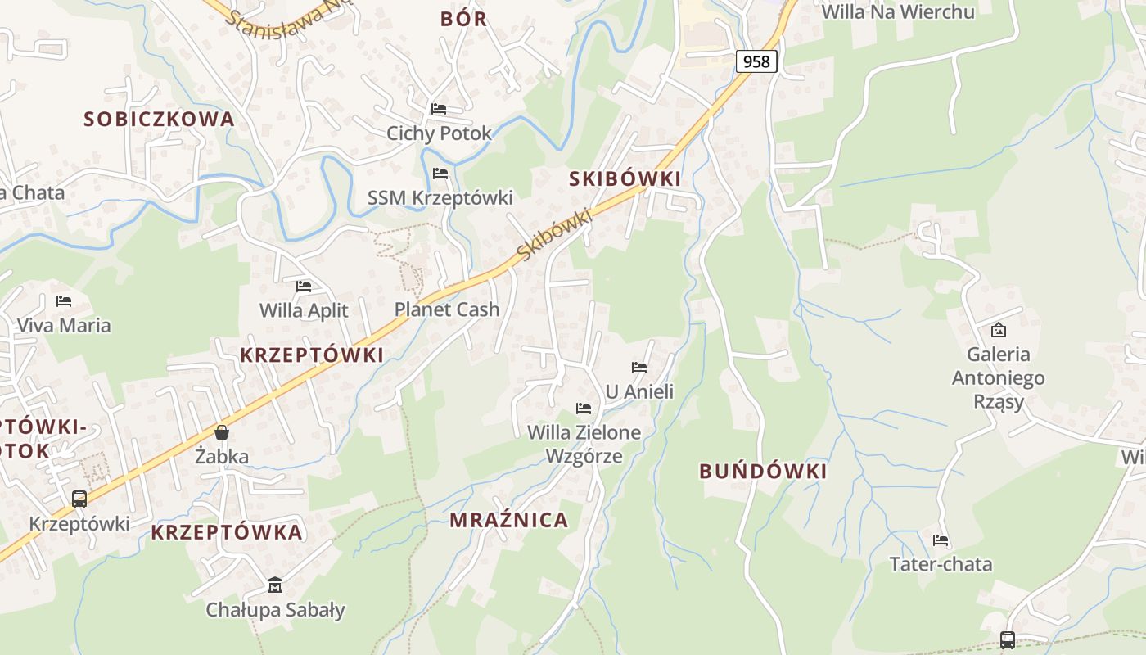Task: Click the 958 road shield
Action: click(756, 61)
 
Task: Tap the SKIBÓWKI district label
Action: click(625, 179)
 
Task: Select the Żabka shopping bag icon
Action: click(222, 432)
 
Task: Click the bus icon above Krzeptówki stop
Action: click(79, 499)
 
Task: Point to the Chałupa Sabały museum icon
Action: click(275, 585)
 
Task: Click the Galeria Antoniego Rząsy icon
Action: click(998, 331)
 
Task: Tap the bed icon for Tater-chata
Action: click(941, 540)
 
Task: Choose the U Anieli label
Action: click(639, 391)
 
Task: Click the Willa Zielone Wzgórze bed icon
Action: click(584, 408)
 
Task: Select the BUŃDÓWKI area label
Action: click(763, 472)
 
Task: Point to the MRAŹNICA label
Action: click(508, 520)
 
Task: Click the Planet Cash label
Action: click(447, 309)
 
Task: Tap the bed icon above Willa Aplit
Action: click(304, 287)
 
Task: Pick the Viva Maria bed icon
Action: click(64, 301)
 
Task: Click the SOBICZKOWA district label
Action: click(159, 119)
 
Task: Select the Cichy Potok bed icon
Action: click(439, 108)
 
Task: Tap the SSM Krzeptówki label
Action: click(440, 197)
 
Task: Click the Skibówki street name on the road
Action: click(554, 235)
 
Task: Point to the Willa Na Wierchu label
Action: click(898, 11)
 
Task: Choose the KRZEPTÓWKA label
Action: click(227, 532)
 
